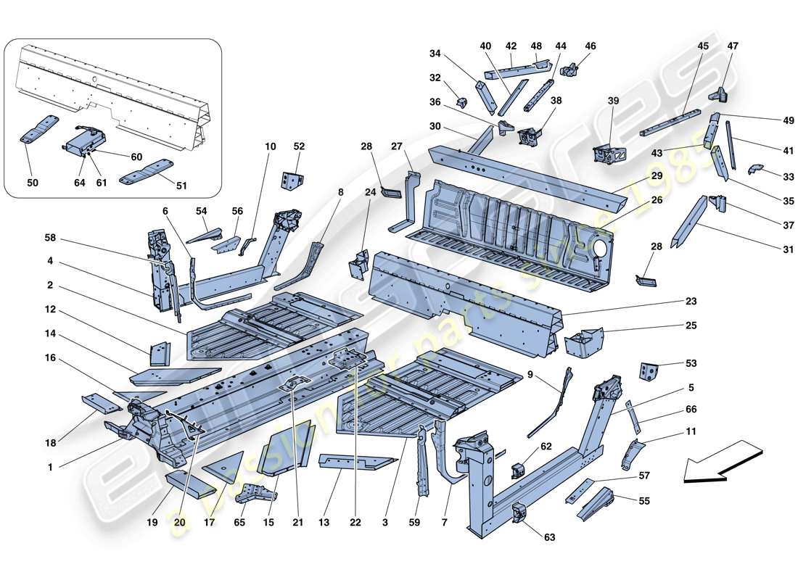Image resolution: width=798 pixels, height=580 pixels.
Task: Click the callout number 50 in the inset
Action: pos(33,183)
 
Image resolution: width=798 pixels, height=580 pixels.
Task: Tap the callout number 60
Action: pos(136,157)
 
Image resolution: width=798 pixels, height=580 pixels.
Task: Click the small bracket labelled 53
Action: pos(648,370)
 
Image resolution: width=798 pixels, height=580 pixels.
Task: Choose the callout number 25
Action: pos(691,326)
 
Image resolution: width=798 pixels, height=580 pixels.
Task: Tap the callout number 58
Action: pos(49,238)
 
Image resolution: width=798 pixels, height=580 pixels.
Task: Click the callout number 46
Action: pos(590,46)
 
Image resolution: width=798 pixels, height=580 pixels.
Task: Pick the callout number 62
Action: pos(546,447)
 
